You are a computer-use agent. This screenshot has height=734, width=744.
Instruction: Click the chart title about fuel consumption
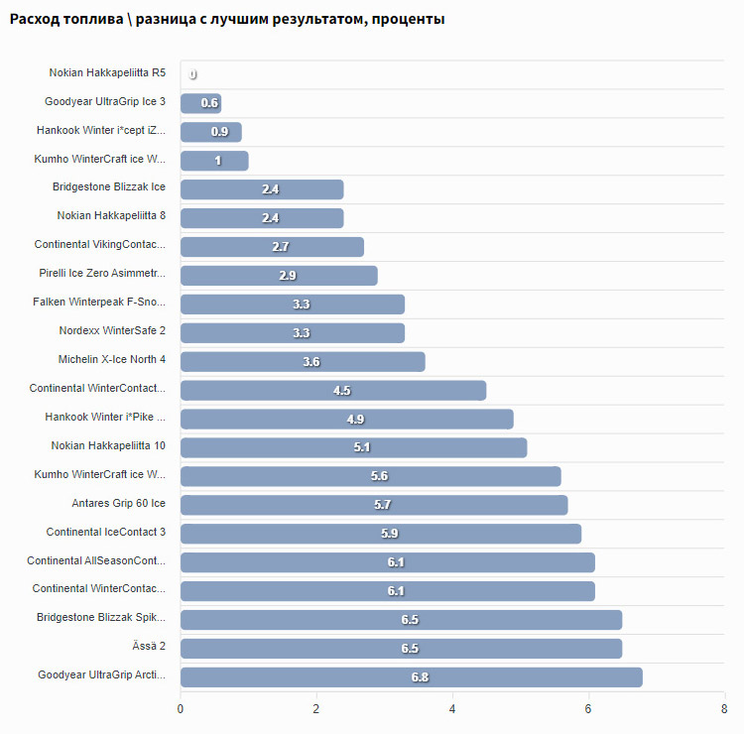tap(226, 19)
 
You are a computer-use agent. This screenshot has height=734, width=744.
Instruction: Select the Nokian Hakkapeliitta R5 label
tap(107, 73)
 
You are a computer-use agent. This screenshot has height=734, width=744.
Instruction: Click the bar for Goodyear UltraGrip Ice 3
tap(200, 103)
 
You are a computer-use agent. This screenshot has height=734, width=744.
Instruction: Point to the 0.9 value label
tap(220, 132)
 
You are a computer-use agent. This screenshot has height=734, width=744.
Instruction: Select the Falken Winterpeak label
tap(99, 302)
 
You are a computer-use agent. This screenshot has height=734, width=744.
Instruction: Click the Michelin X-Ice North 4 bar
tap(303, 362)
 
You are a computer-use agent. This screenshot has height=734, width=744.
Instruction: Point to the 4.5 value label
tap(342, 391)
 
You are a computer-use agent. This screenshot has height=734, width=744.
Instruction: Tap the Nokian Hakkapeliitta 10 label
tap(108, 446)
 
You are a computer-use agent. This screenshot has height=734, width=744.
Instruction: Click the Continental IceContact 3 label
tap(105, 533)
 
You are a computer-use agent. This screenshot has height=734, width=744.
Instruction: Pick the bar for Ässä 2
tap(401, 649)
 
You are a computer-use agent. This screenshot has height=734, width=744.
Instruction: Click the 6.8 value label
tap(420, 677)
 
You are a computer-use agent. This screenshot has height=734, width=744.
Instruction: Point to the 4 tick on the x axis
tap(452, 709)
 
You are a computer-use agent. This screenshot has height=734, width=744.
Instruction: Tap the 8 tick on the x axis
tap(724, 709)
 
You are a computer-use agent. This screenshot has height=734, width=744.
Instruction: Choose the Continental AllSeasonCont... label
tap(96, 561)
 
